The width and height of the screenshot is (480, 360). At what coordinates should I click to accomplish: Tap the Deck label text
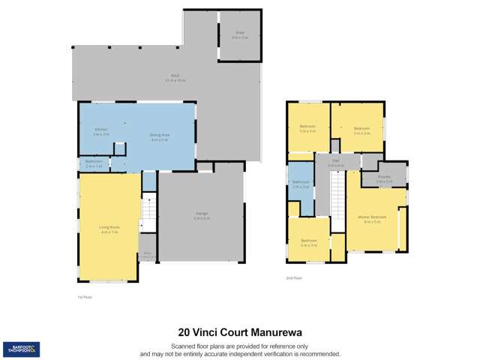tap(175, 76)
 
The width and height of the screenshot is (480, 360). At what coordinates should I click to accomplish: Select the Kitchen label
tap(100, 130)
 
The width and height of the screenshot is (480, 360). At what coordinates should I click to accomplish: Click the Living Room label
tap(109, 226)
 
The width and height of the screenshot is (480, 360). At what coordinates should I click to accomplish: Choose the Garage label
tap(202, 214)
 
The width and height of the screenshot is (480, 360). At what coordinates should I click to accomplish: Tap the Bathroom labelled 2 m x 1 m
tap(94, 163)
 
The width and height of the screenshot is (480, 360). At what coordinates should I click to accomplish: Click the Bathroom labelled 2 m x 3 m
tap(301, 184)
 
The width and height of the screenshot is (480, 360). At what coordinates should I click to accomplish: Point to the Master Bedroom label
tap(374, 218)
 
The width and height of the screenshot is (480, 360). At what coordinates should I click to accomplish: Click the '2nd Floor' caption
tap(295, 277)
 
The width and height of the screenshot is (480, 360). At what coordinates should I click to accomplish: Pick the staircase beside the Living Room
tap(148, 212)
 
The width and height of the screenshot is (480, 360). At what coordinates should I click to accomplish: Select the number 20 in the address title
tap(184, 330)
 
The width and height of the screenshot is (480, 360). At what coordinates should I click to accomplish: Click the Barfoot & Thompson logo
tap(22, 348)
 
